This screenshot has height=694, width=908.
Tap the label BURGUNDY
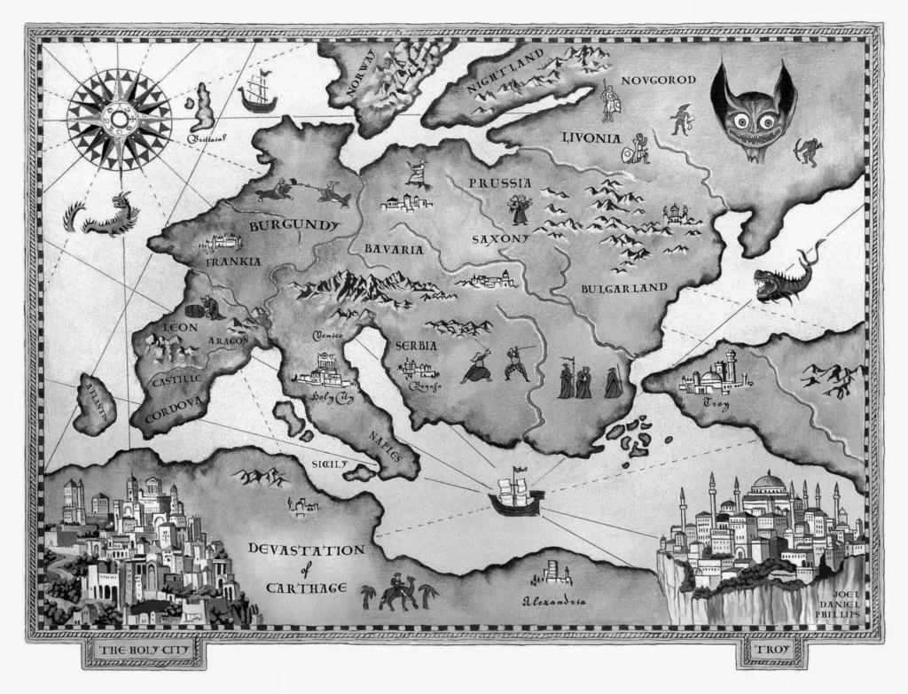294,226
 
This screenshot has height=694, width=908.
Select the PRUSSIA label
500,183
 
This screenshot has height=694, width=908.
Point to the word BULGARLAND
623,288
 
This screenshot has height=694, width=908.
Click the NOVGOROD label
659,80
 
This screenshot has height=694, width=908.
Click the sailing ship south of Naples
515,495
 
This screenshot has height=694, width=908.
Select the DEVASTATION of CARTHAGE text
305,568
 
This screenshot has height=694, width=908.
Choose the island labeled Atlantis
95,403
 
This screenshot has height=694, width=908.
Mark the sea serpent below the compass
99,216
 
